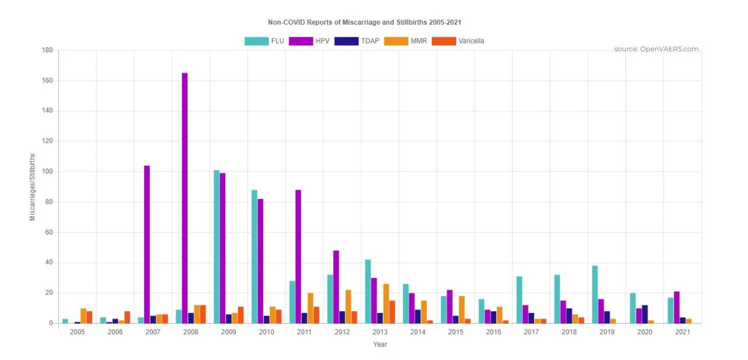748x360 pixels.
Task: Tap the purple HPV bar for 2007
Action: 147,245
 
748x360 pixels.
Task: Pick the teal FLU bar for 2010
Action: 254,256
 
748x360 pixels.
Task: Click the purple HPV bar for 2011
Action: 298,256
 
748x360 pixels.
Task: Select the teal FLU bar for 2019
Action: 595,294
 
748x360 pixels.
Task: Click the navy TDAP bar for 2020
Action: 645,314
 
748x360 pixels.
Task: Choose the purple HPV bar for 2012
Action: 336,287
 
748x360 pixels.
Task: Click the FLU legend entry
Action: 264,41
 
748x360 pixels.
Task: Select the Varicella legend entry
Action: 458,41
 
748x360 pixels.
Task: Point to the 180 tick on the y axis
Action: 48,50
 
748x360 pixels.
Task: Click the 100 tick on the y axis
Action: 48,171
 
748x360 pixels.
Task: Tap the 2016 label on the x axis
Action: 494,332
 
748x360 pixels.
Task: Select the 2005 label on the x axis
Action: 77,332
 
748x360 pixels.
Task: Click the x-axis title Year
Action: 380,345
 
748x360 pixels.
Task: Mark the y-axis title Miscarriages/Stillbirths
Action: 32,187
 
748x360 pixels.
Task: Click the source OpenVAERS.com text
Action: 656,49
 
